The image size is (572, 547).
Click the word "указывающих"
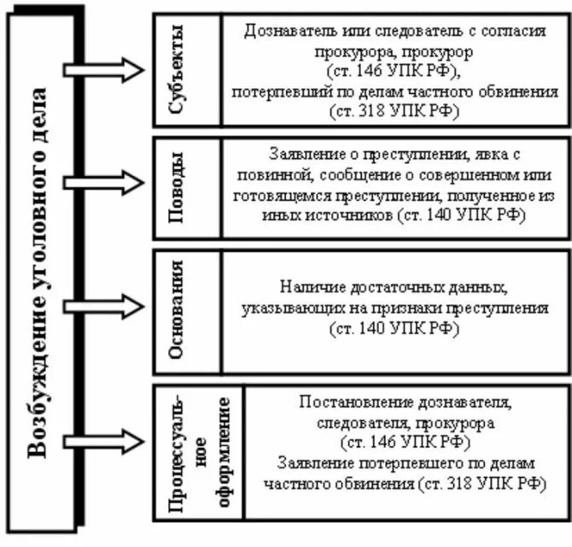point(283,308)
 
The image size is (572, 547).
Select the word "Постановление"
point(352,401)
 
